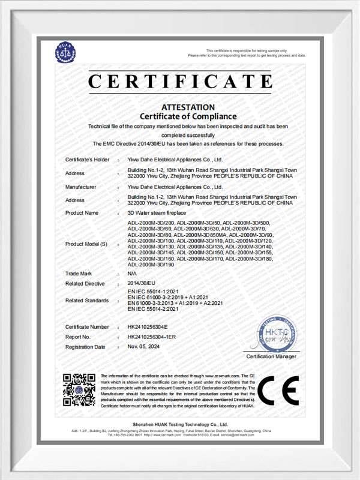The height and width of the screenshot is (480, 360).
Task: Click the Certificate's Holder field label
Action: (88, 160)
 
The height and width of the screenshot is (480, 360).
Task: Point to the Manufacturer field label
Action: (81, 187)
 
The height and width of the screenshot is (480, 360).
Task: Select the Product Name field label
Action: (82, 213)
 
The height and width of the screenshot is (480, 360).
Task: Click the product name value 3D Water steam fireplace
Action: (157, 213)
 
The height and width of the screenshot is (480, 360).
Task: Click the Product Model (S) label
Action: (86, 245)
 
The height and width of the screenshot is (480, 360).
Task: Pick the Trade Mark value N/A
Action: (133, 273)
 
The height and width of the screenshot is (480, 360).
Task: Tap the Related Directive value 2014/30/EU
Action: (142, 283)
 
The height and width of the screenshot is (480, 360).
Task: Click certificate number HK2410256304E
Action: (148, 327)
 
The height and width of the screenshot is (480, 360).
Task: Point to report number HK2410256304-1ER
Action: (152, 337)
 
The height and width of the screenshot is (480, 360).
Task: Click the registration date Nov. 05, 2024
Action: (145, 347)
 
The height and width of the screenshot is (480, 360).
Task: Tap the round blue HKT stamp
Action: (277, 335)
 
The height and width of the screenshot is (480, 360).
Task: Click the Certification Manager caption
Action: (271, 357)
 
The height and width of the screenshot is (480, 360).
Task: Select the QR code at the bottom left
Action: (79, 389)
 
